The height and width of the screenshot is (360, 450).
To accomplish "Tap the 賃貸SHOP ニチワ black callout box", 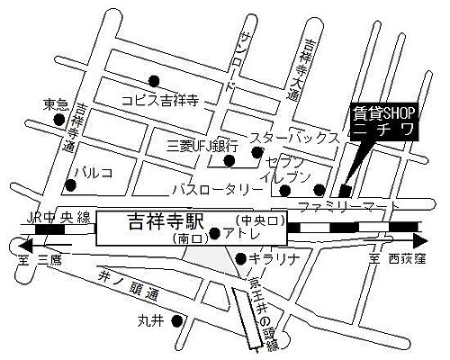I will [383, 124].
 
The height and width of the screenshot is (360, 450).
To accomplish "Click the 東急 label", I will [56, 105].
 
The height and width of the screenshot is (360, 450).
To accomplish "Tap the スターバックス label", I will [294, 138].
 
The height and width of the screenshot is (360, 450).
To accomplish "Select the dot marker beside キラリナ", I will [238, 259].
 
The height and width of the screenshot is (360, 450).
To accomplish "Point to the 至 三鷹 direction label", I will [36, 258].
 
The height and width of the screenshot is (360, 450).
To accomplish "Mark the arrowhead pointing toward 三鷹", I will [23, 242].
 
